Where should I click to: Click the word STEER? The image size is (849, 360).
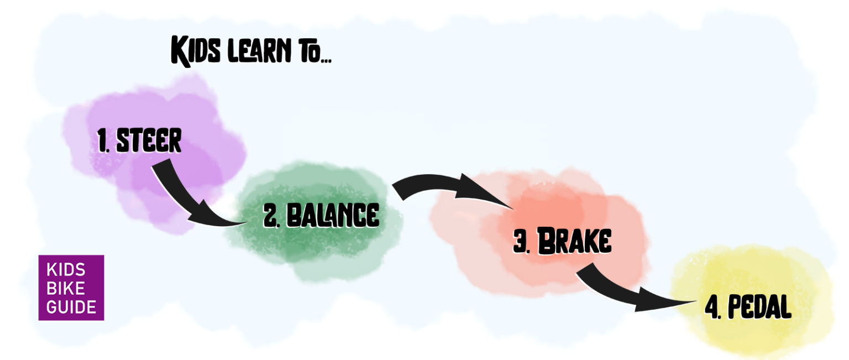[x=148, y=141]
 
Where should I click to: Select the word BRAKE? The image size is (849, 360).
[x=574, y=242]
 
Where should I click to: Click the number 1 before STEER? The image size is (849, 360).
[x=103, y=142]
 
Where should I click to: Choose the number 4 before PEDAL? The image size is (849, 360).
[x=712, y=307]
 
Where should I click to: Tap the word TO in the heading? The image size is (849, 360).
[x=313, y=52]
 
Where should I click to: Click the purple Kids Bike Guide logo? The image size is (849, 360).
[x=71, y=288]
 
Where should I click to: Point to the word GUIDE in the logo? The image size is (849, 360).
[x=71, y=306]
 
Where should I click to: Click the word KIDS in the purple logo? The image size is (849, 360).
[x=66, y=270]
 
